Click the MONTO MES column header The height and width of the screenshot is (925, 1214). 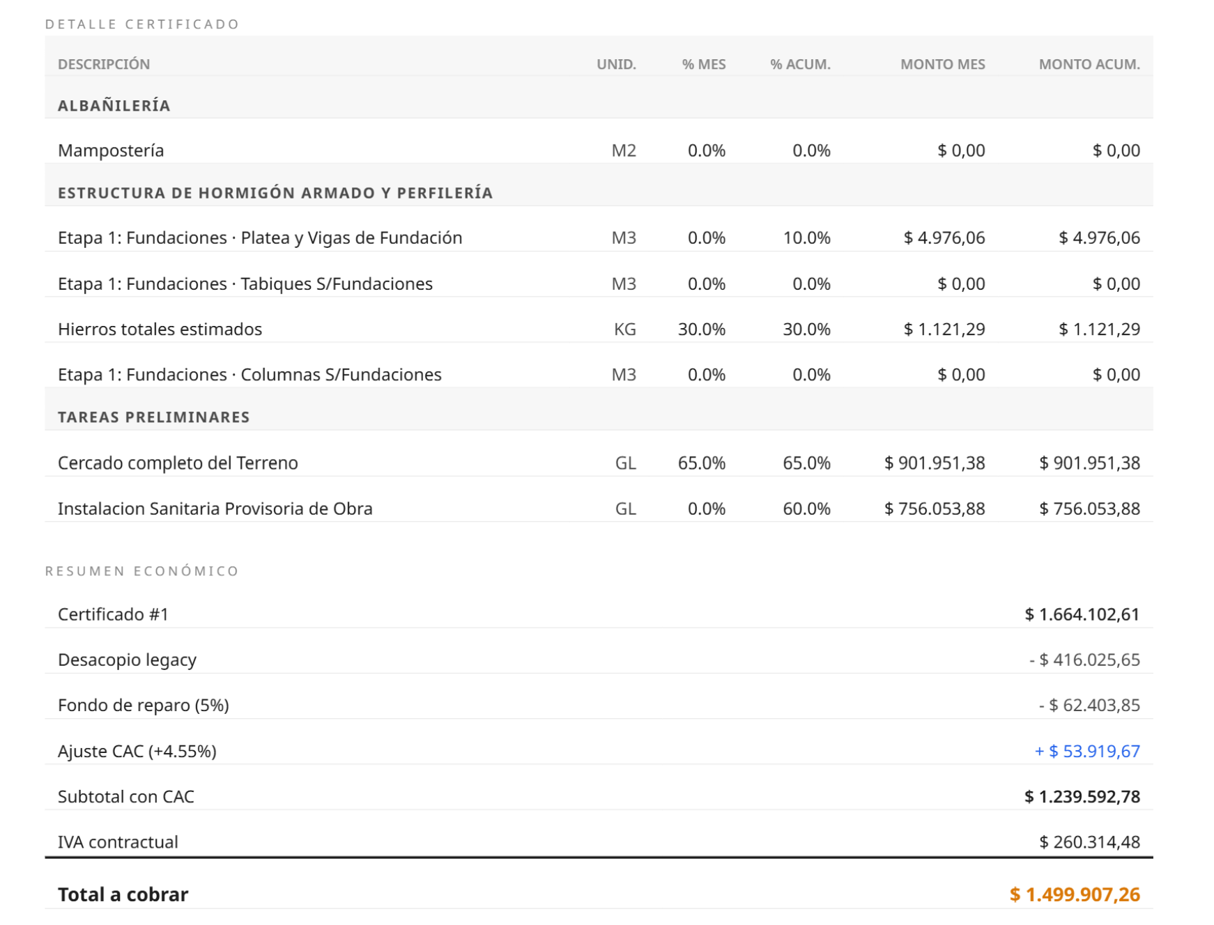point(942,64)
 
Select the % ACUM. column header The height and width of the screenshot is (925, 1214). point(800,64)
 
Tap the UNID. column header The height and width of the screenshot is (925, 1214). point(616,64)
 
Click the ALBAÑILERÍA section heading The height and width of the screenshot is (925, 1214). point(114,106)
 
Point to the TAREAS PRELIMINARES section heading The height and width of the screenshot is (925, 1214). point(154,417)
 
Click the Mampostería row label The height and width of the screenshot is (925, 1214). point(111,150)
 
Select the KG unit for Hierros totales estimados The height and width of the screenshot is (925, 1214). point(624,329)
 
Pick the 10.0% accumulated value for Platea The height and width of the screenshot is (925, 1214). point(806,238)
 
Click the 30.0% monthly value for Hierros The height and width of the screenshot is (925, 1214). point(702,329)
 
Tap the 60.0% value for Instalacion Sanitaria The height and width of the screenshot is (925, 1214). point(806,509)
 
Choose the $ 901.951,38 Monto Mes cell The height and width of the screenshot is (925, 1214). point(935,463)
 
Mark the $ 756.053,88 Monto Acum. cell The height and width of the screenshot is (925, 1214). point(1089,509)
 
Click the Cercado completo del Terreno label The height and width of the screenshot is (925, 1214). point(178,463)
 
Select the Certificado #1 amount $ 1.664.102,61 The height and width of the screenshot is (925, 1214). point(1082,614)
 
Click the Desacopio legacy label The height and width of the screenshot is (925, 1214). point(127,660)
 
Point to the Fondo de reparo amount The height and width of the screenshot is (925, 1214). point(1089,706)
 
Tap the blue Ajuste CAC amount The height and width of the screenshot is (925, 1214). point(1087,752)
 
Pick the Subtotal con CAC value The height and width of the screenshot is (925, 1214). point(1082,797)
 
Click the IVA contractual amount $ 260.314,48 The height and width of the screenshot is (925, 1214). point(1089,843)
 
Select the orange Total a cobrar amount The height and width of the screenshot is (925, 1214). point(1075,895)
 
